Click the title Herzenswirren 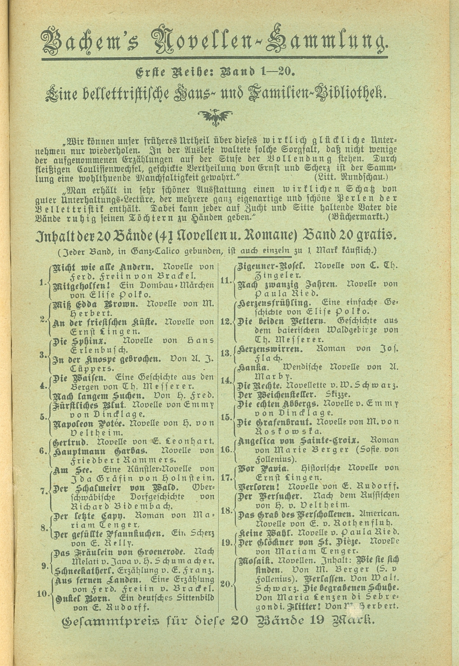pyautogui.click(x=270, y=351)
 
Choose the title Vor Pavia pyautogui.click(x=264, y=468)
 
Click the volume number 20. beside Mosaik pyautogui.click(x=225, y=583)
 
